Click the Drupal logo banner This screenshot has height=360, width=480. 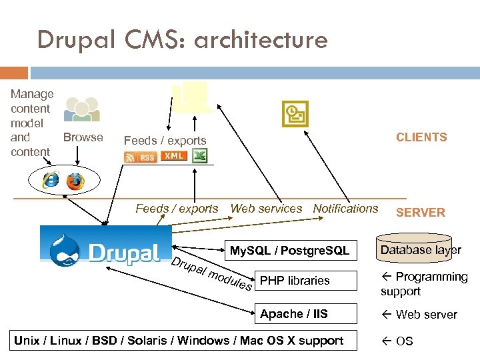pyautogui.click(x=105, y=246)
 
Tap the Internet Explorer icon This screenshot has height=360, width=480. pyautogui.click(x=50, y=179)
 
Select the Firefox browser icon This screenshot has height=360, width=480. pyautogui.click(x=75, y=180)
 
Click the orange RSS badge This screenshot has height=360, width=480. pyautogui.click(x=140, y=157)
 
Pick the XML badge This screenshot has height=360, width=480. pyautogui.click(x=173, y=156)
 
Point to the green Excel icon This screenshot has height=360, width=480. pyautogui.click(x=199, y=156)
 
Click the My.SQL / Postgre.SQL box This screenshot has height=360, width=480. pyautogui.click(x=290, y=251)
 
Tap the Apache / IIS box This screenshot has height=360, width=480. pyautogui.click(x=294, y=314)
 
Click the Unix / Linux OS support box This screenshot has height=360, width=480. pyautogui.click(x=179, y=341)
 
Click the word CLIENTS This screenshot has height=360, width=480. pyautogui.click(x=421, y=137)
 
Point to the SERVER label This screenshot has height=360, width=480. pyautogui.click(x=420, y=213)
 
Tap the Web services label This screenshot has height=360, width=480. pyautogui.click(x=266, y=209)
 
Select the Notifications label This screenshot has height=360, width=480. pyautogui.click(x=345, y=209)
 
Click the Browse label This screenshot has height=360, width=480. pyautogui.click(x=83, y=137)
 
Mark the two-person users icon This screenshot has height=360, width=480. pyautogui.click(x=83, y=110)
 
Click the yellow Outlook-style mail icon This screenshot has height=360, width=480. pyautogui.click(x=295, y=113)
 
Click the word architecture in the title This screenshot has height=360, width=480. pyautogui.click(x=261, y=40)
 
